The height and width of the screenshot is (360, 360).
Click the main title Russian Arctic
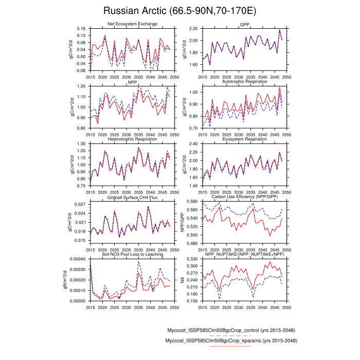179,11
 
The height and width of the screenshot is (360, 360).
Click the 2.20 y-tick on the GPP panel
193,28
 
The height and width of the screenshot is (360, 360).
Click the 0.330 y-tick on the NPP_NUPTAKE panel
192,259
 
